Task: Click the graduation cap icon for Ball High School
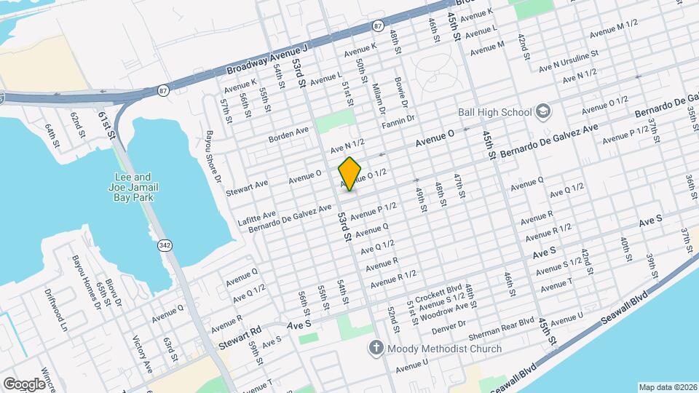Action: coord(542,111)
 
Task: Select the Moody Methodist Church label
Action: coord(444,349)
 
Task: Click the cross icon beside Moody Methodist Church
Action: coord(375,349)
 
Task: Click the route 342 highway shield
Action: coord(165,246)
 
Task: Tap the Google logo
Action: coord(24,384)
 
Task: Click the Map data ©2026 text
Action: coord(668,387)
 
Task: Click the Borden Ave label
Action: coord(288,132)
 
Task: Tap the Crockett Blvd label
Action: coord(439,288)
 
